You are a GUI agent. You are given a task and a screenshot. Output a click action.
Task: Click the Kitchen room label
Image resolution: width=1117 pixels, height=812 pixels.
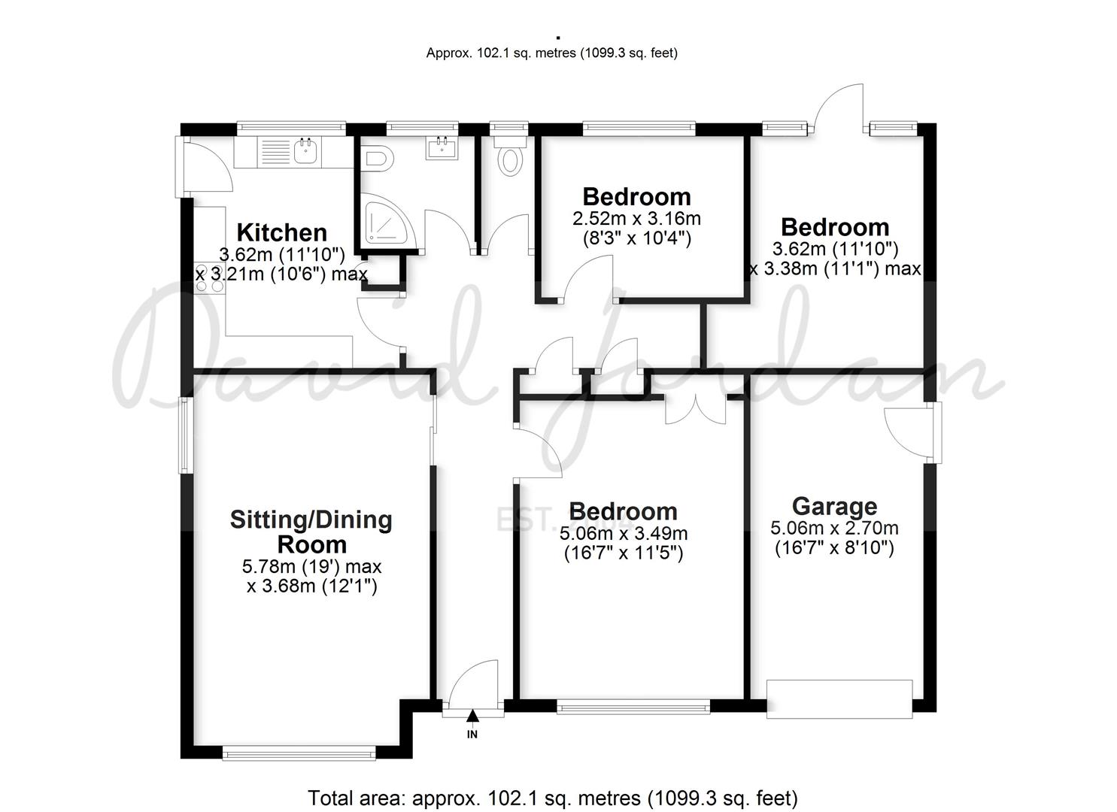(x=282, y=233)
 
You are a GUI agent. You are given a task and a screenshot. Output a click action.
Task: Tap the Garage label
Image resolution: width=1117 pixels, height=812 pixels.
(x=834, y=507)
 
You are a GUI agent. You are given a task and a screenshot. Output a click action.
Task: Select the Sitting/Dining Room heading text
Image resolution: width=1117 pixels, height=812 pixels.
(x=311, y=532)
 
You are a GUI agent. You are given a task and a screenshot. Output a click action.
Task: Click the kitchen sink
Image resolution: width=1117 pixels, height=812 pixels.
(x=305, y=150)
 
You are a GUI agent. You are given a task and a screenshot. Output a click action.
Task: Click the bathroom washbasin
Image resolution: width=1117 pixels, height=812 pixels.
(x=442, y=147)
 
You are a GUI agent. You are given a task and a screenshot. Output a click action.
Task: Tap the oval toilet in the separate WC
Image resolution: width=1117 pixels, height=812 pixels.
(x=510, y=160)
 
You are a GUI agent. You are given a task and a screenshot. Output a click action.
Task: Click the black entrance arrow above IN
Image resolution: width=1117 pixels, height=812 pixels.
(x=472, y=717)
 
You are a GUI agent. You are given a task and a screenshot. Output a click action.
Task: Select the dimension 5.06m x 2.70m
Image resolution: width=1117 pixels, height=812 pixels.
(x=834, y=528)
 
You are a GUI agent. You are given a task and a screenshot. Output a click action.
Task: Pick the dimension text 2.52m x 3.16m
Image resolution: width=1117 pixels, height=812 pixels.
(x=637, y=218)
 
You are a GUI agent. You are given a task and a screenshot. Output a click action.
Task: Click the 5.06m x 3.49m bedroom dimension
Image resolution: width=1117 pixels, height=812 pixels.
(x=624, y=533)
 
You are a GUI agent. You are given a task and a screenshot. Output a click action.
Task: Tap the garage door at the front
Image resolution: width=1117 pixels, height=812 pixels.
(x=839, y=699)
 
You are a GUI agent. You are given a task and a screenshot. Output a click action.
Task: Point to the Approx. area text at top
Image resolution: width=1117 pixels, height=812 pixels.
(x=551, y=53)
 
